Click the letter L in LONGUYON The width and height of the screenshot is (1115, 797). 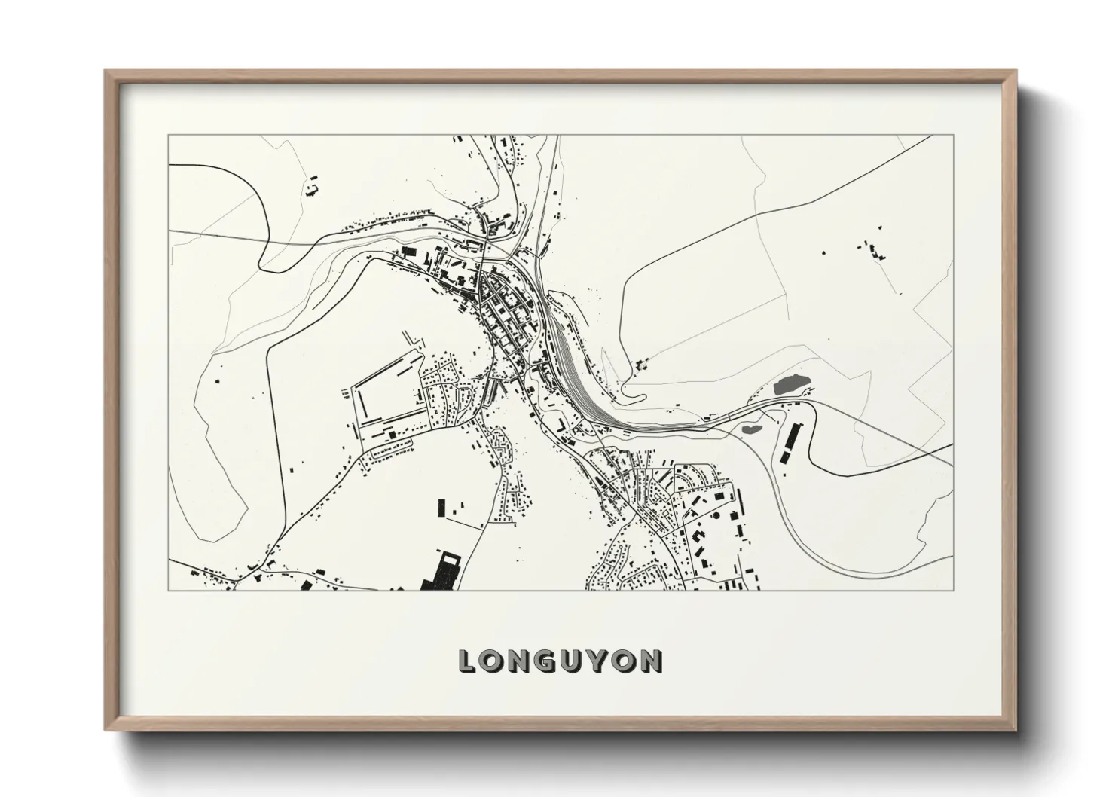click(467, 661)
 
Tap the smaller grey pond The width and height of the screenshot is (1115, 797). click(751, 429)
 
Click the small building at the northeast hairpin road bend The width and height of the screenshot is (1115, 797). click(642, 364)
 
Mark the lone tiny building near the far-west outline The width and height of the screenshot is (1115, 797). click(218, 381)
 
